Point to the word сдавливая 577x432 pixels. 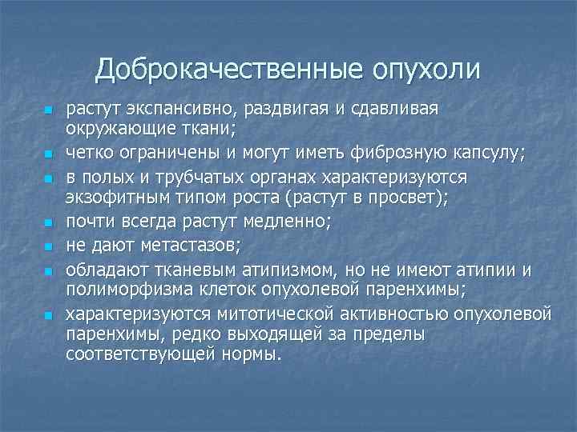pos(395,110)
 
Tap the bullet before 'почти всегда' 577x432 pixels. pos(48,220)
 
